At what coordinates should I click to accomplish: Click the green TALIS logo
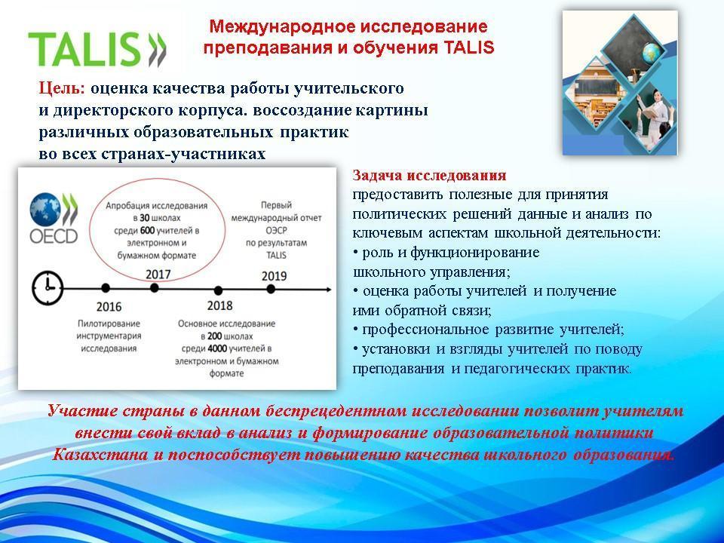pyautogui.click(x=97, y=50)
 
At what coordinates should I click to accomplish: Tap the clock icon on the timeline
pyautogui.click(x=48, y=288)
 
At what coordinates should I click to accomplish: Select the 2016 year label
pyautogui.click(x=109, y=307)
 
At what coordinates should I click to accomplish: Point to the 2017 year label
pyautogui.click(x=158, y=275)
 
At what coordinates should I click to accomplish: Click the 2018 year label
pyautogui.click(x=219, y=305)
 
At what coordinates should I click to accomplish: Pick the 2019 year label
pyautogui.click(x=274, y=276)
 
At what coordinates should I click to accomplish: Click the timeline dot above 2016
pyautogui.click(x=106, y=288)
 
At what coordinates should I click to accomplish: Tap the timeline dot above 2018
pyautogui.click(x=219, y=290)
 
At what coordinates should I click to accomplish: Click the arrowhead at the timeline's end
pyautogui.click(x=328, y=290)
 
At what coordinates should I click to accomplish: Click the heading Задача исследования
pyautogui.click(x=429, y=176)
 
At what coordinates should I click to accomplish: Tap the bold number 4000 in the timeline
pyautogui.click(x=216, y=348)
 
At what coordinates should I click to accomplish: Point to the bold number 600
pyautogui.click(x=147, y=231)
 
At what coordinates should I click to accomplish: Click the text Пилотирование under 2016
pyautogui.click(x=109, y=324)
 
